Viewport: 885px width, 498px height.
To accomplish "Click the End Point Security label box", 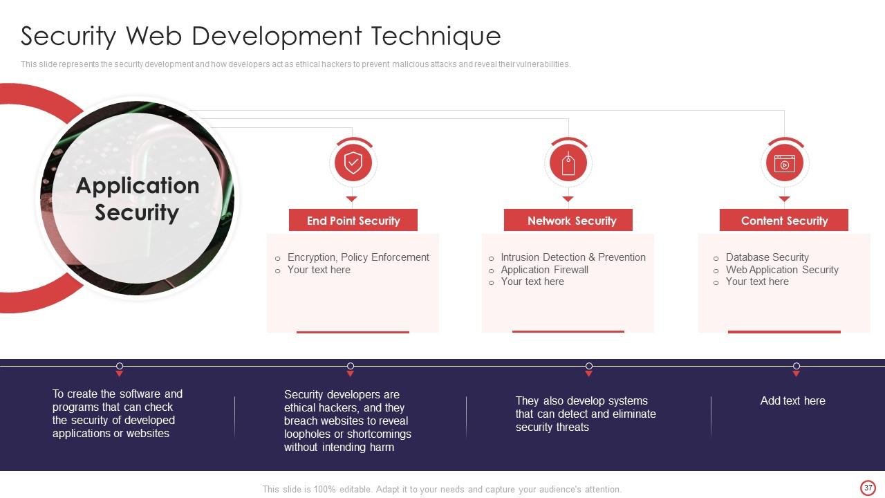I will coord(353,221).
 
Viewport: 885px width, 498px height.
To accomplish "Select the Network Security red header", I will coord(568,221).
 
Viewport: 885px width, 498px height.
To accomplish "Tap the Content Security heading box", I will coord(784,221).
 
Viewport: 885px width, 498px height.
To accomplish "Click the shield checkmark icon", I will coord(353,163).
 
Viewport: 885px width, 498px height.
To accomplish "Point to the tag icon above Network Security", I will coord(568,164).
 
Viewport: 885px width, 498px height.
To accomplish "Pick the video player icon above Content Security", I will coord(785,164).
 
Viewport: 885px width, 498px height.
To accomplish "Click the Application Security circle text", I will coord(137,199).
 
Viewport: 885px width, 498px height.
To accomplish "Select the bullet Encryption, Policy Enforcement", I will coord(358,257).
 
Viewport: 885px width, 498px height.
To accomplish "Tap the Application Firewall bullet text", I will coord(544,270).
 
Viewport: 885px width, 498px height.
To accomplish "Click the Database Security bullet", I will coord(767,257).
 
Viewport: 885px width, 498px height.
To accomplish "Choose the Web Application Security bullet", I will coord(782,270).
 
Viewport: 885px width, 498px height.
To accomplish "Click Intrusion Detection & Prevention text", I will coord(573,257).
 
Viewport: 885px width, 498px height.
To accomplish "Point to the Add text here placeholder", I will coord(792,400).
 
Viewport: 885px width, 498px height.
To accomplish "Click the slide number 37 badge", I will coord(868,488).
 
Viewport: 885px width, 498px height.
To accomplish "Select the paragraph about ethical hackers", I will coord(347,421).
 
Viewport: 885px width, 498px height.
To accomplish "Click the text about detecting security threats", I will coord(586,414).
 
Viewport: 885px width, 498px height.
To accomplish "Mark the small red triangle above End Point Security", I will coord(351,199).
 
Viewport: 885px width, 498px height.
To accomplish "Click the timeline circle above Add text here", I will coord(796,366).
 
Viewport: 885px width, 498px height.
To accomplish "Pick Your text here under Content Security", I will coord(756,282).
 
